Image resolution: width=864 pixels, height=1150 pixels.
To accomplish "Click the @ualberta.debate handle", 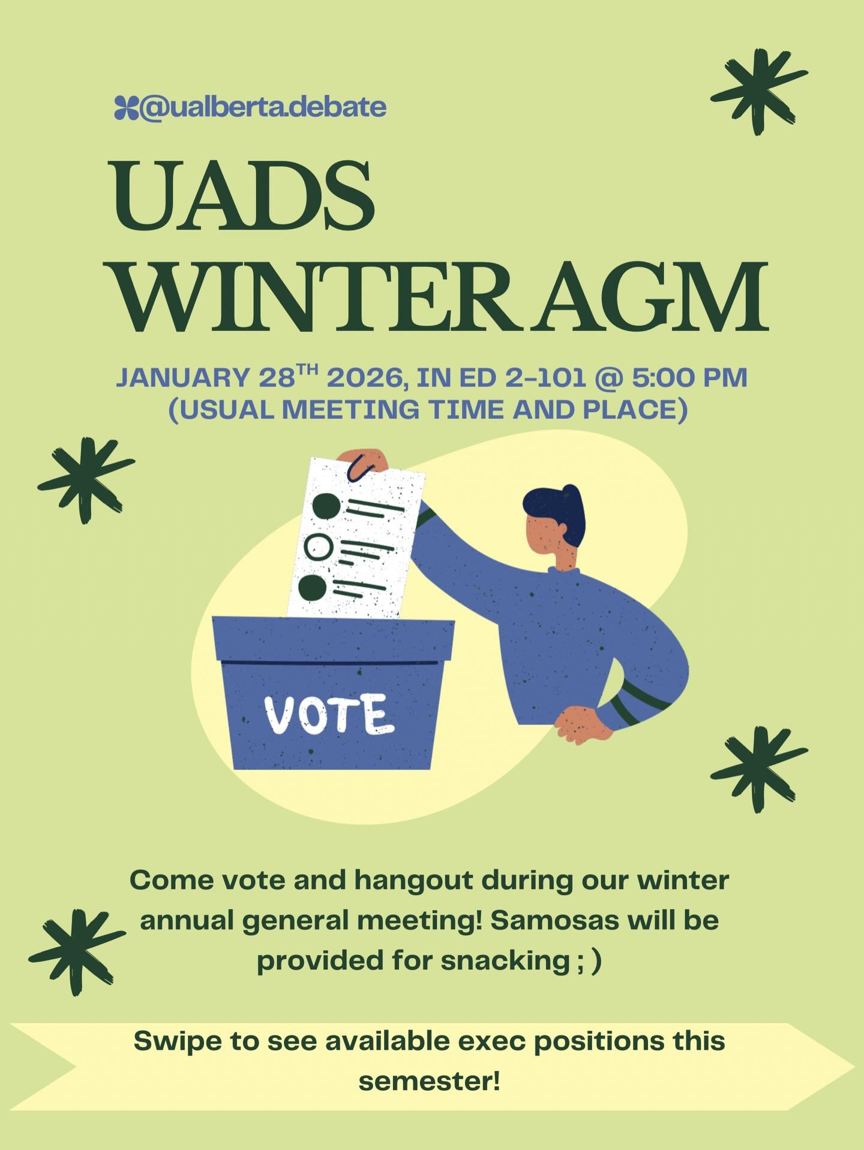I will point(263,107).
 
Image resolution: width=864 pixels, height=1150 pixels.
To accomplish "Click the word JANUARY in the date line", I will point(183,378).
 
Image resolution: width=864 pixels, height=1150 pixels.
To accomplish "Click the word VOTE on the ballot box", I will point(329,714).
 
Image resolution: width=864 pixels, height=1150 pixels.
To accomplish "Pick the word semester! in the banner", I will point(429,1081).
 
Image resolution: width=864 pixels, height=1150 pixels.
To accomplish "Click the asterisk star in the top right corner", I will point(758,92).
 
